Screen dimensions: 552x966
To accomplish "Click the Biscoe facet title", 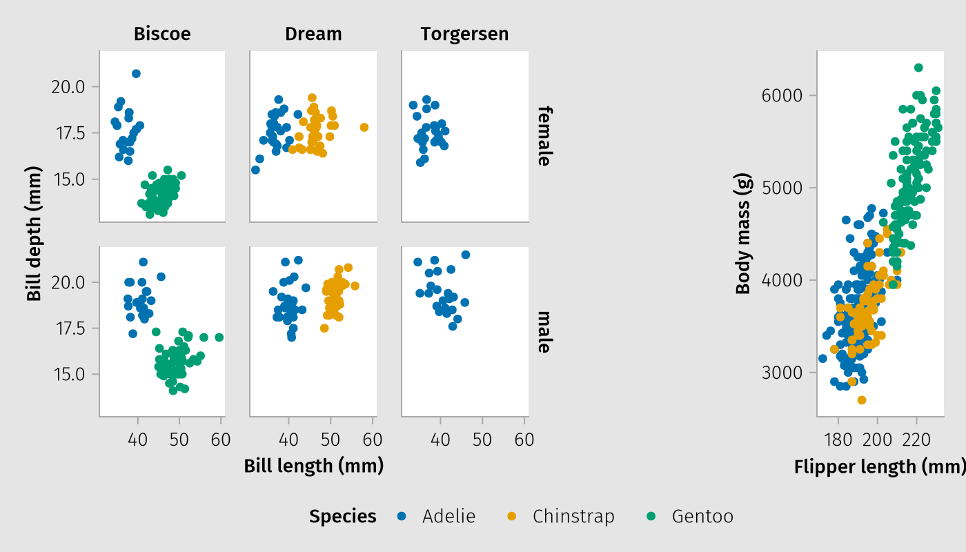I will [x=162, y=34].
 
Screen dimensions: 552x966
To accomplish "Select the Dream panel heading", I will [x=313, y=34].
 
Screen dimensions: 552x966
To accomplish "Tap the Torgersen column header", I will [x=464, y=34].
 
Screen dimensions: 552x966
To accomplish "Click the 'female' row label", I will [x=544, y=136].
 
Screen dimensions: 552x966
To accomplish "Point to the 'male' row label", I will [x=544, y=331].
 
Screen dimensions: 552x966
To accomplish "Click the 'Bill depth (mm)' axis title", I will [x=33, y=233].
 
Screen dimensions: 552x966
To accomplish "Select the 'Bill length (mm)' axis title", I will [x=313, y=466].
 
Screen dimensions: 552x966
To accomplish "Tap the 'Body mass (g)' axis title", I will [x=743, y=233].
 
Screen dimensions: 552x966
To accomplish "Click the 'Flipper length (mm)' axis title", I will [x=879, y=467].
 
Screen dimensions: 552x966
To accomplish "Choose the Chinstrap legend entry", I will [x=573, y=516].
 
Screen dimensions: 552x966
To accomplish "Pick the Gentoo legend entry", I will [x=702, y=516].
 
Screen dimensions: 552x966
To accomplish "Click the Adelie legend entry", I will [x=448, y=516].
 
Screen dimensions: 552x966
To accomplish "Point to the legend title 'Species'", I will [x=343, y=516].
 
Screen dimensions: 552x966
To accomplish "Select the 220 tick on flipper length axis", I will [x=916, y=440].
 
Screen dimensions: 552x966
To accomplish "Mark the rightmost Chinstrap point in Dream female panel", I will [x=364, y=127].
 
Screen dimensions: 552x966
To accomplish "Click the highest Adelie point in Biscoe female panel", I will [x=136, y=74].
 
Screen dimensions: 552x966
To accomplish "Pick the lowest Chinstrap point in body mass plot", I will [x=862, y=400].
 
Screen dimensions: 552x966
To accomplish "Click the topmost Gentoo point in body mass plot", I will [x=918, y=68].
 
